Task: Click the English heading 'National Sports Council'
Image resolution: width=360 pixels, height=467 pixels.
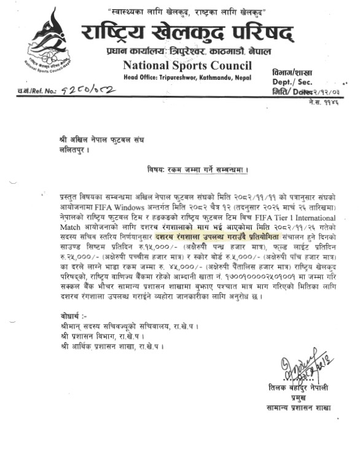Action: click(x=187, y=66)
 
